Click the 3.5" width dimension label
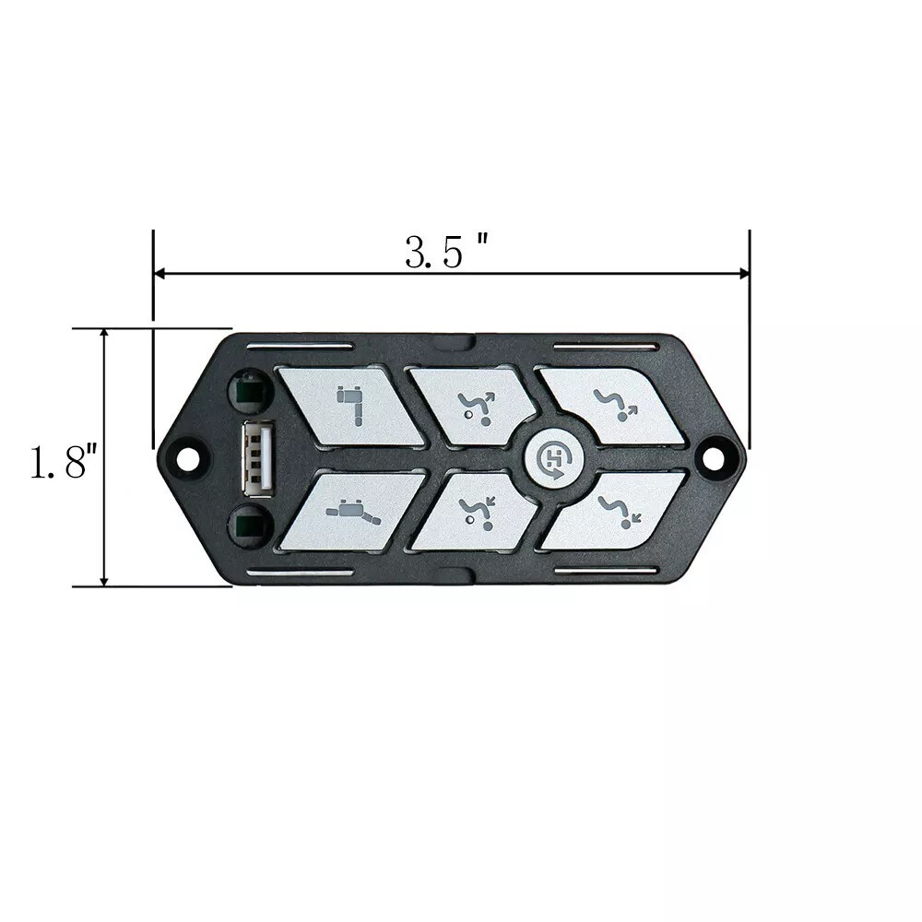pos(447,251)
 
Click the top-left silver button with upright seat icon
pos(349,407)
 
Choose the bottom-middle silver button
pos(477,512)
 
